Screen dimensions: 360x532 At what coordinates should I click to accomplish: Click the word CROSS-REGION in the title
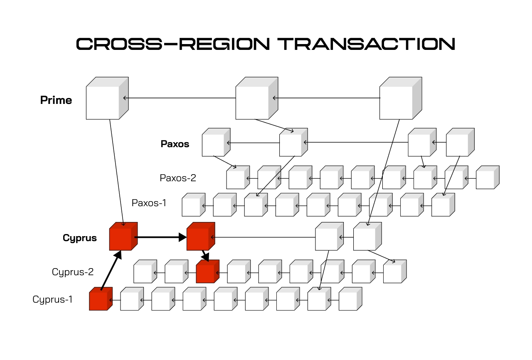pos(172,44)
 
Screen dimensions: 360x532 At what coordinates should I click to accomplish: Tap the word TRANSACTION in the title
pos(366,44)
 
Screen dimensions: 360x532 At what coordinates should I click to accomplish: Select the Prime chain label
pos(56,100)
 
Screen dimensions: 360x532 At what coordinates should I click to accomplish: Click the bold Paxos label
pos(175,144)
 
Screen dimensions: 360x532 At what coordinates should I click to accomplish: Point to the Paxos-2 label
pos(178,178)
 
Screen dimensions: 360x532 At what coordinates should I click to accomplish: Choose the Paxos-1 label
pos(149,203)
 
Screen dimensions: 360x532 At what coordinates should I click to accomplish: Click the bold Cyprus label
pos(80,238)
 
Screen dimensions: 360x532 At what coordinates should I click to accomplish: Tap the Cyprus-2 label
pos(73,272)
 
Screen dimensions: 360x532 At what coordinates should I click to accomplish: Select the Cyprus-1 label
pos(53,299)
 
